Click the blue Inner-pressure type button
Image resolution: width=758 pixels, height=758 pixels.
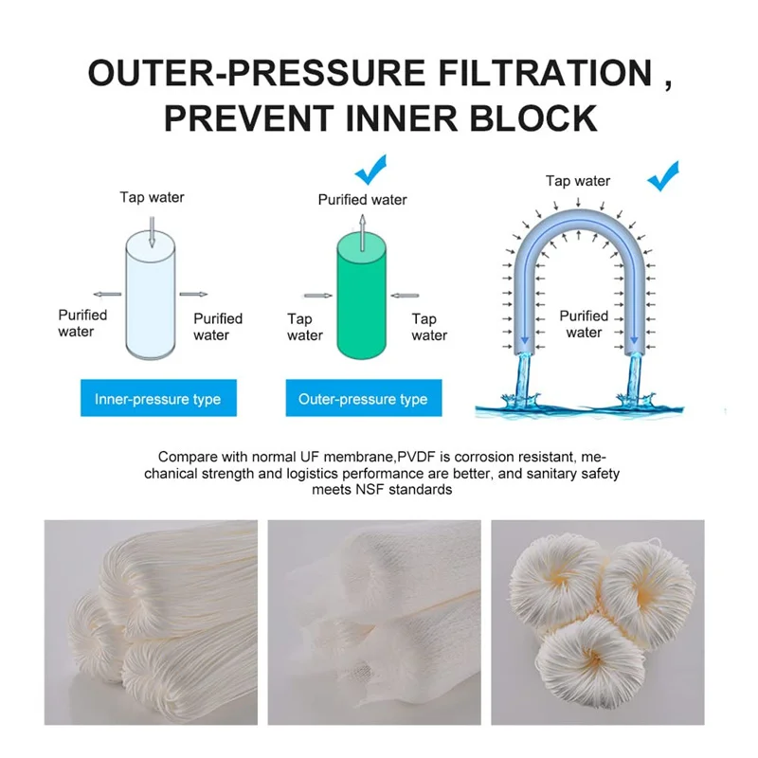(157, 399)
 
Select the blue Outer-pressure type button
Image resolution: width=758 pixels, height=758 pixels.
(363, 399)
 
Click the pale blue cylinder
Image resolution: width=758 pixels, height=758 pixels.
(152, 298)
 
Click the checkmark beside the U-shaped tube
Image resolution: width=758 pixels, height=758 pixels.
(662, 174)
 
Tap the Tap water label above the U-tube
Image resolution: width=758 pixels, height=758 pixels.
(578, 181)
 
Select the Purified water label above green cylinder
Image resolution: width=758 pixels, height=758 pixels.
(362, 200)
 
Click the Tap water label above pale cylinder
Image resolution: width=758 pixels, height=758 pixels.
(152, 197)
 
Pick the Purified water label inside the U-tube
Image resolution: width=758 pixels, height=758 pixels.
(584, 324)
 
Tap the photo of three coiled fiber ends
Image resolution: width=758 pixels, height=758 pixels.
(597, 622)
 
